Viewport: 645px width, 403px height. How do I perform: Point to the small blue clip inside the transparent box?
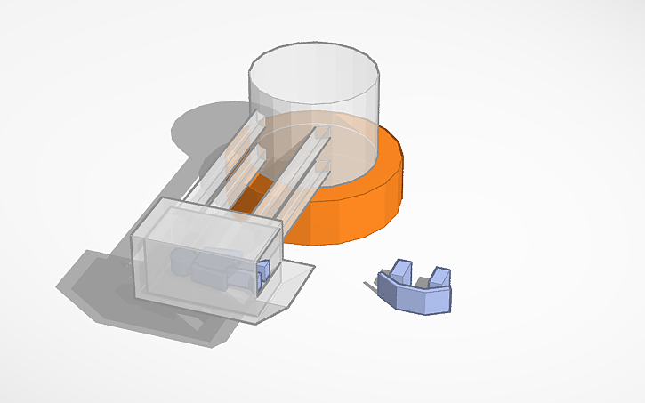262,275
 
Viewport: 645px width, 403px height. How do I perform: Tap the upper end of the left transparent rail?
255,118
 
